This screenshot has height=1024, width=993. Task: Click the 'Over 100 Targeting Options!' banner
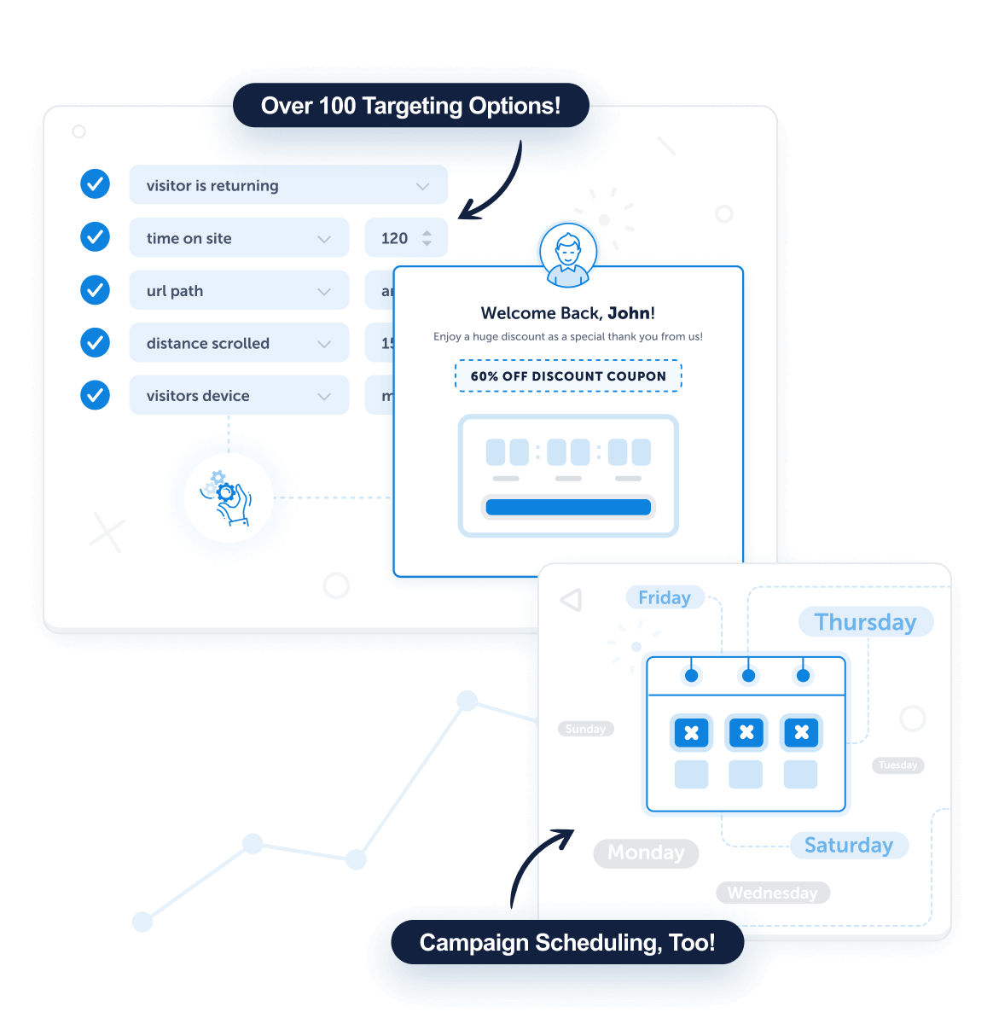pos(410,106)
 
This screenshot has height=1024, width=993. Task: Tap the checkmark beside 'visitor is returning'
pos(95,183)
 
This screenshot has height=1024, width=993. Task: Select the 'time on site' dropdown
pos(239,238)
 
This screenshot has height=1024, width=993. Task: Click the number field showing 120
pos(405,238)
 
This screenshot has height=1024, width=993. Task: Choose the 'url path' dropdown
pos(239,291)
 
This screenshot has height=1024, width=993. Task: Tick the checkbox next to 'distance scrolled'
pos(95,343)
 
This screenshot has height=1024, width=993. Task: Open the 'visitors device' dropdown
pos(239,396)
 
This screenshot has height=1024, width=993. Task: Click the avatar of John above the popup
pos(568,254)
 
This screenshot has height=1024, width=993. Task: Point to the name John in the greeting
pos(629,313)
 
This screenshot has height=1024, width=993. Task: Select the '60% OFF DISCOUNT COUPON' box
pos(568,376)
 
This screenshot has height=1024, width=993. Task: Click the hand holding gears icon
pos(228,497)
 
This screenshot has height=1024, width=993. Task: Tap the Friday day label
pos(665,597)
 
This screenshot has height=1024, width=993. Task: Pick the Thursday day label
pos(865,622)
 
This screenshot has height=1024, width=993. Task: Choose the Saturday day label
pos(848,845)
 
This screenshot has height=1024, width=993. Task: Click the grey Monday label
pos(646,852)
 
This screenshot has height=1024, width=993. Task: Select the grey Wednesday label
pos(772,893)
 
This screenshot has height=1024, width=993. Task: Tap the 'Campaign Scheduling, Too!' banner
pos(567,942)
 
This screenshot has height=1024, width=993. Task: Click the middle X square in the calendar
pos(746,732)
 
